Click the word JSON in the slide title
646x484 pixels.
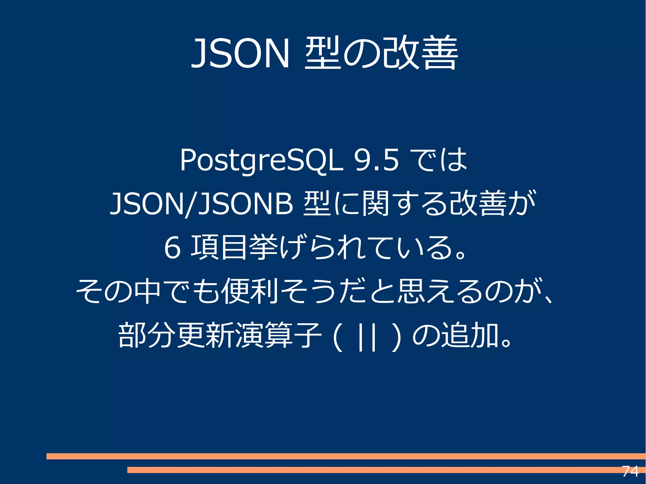point(240,53)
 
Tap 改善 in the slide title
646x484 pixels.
point(420,53)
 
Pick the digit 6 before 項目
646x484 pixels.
point(173,248)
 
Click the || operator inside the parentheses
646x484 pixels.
point(367,335)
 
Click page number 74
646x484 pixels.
point(630,471)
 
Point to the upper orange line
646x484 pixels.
point(315,456)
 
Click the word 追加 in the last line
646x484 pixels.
point(470,335)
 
